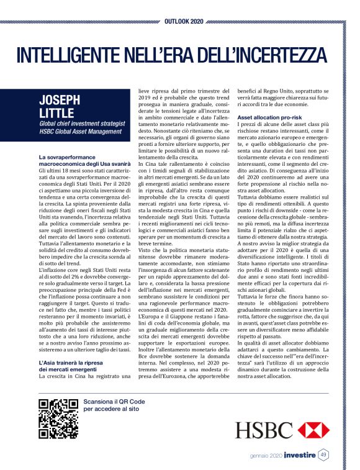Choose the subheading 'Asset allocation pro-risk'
point(268,116)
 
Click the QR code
point(58,419)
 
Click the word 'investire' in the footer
point(300,455)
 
